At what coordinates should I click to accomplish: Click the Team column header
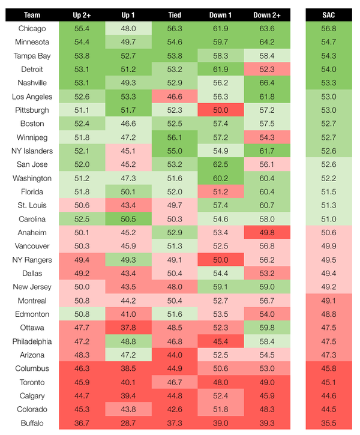tap(32, 15)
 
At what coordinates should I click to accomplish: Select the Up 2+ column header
tap(82, 15)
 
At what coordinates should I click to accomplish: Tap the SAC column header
tap(328, 15)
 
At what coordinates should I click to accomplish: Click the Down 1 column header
tap(220, 15)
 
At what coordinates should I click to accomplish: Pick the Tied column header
tap(175, 15)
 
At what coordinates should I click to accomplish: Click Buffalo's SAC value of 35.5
tap(328, 423)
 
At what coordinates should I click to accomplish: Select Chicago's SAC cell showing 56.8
tap(328, 29)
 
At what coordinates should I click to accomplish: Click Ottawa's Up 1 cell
tap(128, 328)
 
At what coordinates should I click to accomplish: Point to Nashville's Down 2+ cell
tap(266, 83)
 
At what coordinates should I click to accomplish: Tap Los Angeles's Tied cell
tap(175, 97)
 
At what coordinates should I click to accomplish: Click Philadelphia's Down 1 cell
tap(220, 341)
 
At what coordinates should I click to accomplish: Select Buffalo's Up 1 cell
tap(128, 423)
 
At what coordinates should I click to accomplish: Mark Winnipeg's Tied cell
tap(175, 137)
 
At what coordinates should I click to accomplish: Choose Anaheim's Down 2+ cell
tap(266, 233)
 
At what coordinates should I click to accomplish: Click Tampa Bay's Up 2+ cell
tap(82, 56)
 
